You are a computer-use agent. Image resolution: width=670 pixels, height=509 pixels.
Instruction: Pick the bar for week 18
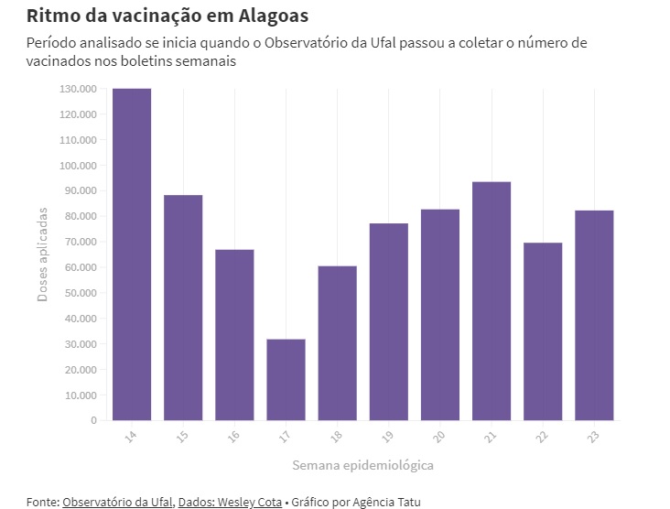click(338, 342)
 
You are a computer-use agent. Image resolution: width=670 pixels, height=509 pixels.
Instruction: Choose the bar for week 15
click(183, 308)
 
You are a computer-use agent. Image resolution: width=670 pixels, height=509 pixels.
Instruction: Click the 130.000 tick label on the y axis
click(78, 89)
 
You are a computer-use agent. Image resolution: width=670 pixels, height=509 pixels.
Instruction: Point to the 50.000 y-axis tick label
click(81, 293)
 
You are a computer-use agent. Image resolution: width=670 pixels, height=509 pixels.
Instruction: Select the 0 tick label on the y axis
click(93, 420)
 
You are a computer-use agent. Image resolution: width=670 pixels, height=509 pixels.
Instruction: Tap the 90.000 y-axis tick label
click(81, 190)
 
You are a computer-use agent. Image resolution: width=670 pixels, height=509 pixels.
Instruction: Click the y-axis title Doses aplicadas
click(42, 254)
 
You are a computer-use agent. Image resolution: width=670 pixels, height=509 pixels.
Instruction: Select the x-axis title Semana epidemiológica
click(362, 465)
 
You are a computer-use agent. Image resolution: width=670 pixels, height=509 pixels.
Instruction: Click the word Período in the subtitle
click(51, 43)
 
